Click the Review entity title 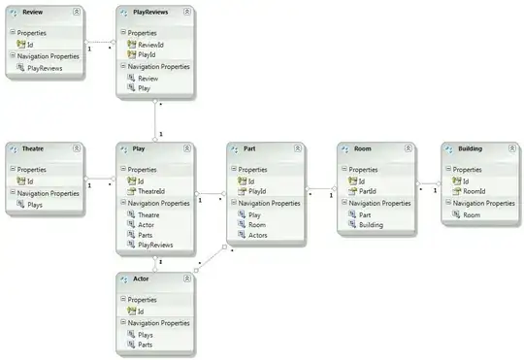pos(32,12)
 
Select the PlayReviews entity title pos(150,12)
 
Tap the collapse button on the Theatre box pos(77,148)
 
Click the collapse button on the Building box pos(512,148)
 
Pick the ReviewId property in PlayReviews pos(150,45)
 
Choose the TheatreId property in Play pos(151,191)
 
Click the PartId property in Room pos(367,191)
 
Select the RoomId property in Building pos(475,191)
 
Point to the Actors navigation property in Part pos(258,235)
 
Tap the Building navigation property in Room pos(371,224)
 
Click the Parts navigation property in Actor pos(145,344)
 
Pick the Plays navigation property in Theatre pos(35,205)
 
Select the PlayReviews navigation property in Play pos(155,245)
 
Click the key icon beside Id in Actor pos(131,311)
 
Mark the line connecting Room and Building pos(428,183)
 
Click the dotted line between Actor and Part pos(211,258)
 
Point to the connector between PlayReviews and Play pos(155,119)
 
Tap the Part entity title pos(249,148)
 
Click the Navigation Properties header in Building pos(483,203)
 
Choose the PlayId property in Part pos(257,191)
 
